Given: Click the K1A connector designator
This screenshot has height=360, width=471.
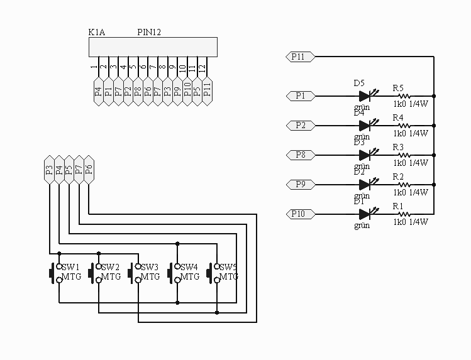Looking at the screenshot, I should point(97,32).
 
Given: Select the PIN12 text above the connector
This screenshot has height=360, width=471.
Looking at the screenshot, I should point(149,32).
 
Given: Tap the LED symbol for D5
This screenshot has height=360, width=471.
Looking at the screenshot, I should point(365,96).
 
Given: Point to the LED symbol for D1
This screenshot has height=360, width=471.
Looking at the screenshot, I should point(365,214).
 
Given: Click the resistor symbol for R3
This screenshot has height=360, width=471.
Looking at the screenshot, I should point(404,155).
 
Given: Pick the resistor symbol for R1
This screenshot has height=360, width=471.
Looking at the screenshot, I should point(404,214).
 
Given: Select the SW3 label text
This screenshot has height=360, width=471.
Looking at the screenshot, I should point(150,267).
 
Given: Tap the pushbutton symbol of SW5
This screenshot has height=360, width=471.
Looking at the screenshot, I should point(214,273).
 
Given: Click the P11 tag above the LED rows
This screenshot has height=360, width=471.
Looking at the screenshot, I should point(299,57).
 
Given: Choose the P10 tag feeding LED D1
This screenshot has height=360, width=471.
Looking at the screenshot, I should point(299,214).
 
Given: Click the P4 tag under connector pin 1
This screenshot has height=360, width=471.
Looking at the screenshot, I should point(98,92).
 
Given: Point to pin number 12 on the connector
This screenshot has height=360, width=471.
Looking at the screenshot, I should point(202,67).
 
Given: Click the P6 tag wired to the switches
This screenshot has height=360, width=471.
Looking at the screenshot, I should point(89,169).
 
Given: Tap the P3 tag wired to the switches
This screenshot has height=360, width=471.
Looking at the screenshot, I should point(49,169).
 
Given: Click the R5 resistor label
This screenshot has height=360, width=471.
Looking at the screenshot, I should point(398,87).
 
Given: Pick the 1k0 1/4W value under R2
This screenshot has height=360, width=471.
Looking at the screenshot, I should point(411,192).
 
